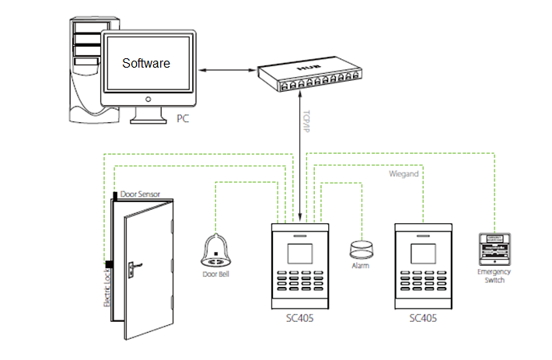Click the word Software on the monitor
pos(146,62)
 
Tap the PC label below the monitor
pos(183,119)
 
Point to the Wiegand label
pos(404,174)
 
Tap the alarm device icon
pos(360,248)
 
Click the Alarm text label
pos(360,266)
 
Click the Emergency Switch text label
pos(494,275)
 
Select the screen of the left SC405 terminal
pos(299,254)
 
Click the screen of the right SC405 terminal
pos(424,254)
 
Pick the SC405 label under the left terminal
pos(299,319)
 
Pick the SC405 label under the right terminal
pos(424,319)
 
